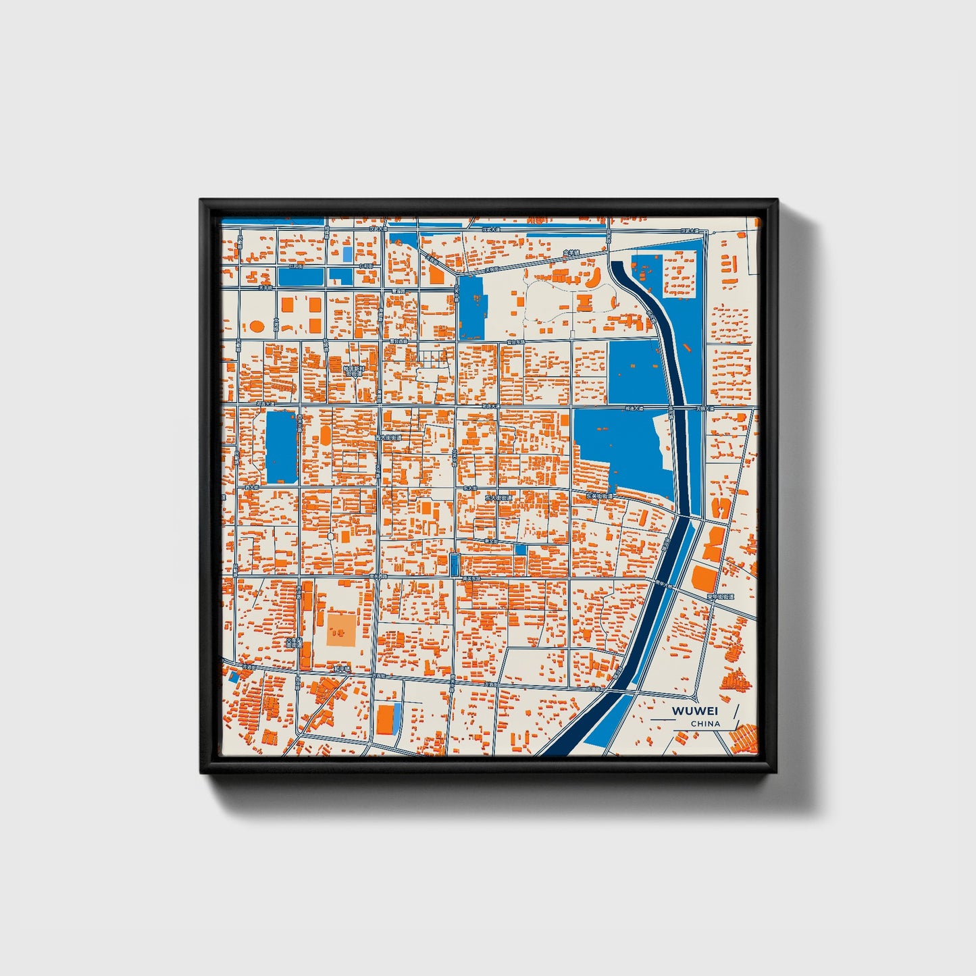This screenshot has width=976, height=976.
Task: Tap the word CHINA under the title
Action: coord(705,724)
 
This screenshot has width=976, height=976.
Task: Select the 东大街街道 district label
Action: coord(498,498)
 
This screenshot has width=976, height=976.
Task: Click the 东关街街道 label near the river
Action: coord(599,496)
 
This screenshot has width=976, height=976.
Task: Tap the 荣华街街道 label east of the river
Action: coord(720,597)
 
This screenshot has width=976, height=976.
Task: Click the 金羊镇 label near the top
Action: coord(571,253)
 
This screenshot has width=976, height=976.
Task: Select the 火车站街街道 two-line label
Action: coord(294,642)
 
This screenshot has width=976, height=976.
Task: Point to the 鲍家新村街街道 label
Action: coord(353,369)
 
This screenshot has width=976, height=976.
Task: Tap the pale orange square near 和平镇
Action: coord(342,629)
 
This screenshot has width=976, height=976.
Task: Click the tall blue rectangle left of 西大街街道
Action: coord(281,447)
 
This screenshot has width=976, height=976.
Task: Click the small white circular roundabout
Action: coord(330,536)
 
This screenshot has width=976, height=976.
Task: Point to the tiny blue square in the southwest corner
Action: coord(234,676)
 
